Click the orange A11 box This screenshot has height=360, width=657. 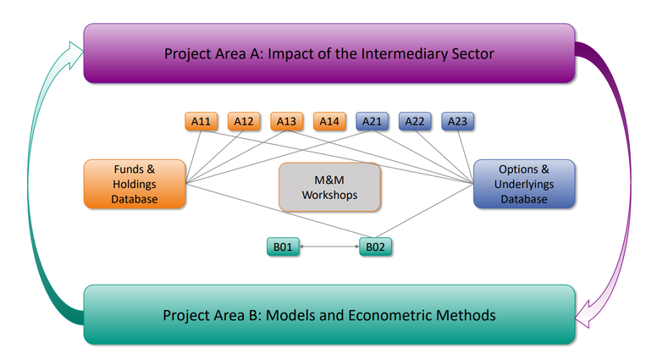point(202,121)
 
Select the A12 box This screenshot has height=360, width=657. point(244,121)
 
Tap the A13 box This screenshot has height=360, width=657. point(287,121)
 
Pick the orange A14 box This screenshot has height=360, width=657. point(329,121)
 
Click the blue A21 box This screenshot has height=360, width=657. point(372,121)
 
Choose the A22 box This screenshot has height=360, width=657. point(415,121)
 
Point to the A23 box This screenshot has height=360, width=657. point(457,121)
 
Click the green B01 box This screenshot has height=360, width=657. point(284,246)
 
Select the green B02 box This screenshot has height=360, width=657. point(375,246)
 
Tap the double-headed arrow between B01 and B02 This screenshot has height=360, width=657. point(329,246)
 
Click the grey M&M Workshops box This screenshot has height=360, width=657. point(329,187)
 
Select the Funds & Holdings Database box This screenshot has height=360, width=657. point(135,184)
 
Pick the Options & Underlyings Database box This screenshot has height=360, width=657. point(524,184)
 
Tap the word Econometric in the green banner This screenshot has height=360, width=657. point(390,315)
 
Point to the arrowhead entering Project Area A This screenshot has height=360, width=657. point(75,54)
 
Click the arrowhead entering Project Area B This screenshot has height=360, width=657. point(583,314)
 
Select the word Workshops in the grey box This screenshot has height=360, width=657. point(329,196)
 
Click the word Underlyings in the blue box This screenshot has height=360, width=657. point(524,185)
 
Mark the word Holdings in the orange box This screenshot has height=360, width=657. point(135,185)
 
